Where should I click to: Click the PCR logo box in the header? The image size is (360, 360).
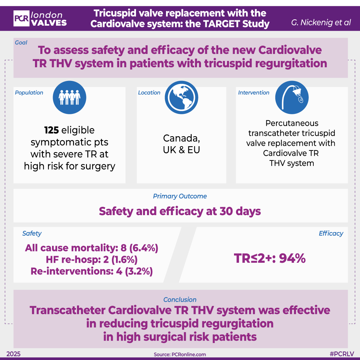[x=21, y=19]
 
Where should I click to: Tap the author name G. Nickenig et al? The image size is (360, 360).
[x=320, y=23]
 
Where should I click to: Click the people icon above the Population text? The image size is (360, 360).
[x=69, y=98]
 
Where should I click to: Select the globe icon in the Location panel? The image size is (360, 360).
[x=181, y=98]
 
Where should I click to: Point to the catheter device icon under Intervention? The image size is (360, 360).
[x=292, y=98]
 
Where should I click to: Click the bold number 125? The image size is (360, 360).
[x=51, y=130]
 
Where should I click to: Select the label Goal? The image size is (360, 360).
[x=21, y=43]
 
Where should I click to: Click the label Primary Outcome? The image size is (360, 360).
[x=180, y=196]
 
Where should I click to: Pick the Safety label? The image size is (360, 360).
[x=32, y=233]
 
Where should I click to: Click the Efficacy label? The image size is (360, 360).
[x=331, y=233]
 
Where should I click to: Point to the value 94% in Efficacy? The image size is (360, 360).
[x=292, y=258]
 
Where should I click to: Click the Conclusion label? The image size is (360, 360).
[x=180, y=299]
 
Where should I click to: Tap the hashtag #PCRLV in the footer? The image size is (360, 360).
[x=341, y=354]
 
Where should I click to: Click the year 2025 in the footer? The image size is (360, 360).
[x=13, y=354]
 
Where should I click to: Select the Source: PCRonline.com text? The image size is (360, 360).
[x=180, y=354]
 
